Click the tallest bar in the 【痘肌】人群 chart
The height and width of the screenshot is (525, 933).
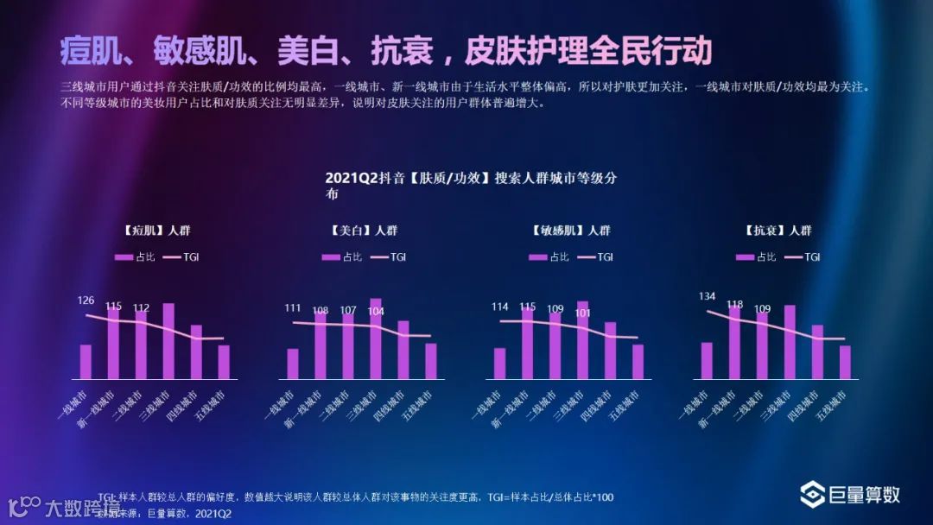(x=168, y=341)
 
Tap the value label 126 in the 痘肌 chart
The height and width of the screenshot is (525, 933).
(x=86, y=300)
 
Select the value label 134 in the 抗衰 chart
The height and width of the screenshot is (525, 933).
(x=708, y=296)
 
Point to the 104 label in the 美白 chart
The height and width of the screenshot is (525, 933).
(x=376, y=312)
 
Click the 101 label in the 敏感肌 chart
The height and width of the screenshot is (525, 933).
(x=582, y=313)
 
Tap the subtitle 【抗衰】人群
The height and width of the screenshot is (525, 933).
(x=777, y=231)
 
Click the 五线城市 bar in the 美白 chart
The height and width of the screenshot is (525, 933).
(x=431, y=361)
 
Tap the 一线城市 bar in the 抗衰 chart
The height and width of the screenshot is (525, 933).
(x=707, y=361)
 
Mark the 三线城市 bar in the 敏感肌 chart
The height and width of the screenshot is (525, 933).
(x=582, y=340)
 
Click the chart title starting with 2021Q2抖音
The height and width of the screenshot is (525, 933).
(x=471, y=179)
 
